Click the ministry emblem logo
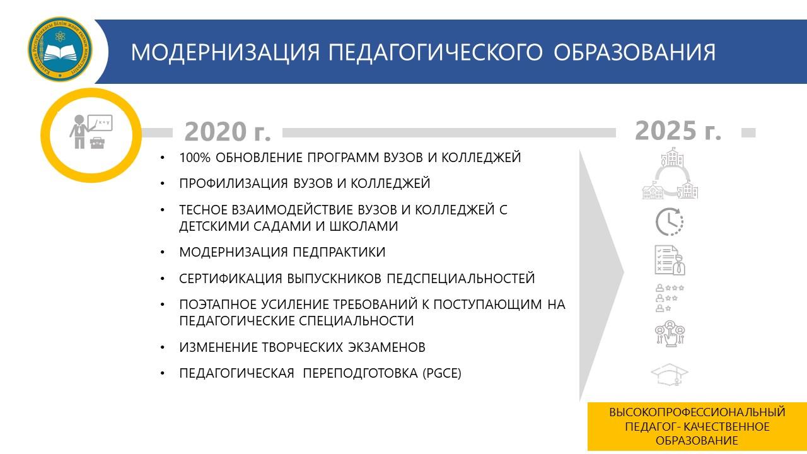click(60, 49)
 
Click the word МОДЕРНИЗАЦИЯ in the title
click(226, 52)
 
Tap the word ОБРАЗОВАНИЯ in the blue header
click(634, 52)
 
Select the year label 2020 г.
click(228, 132)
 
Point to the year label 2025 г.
click(678, 131)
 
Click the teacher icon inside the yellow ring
click(91, 132)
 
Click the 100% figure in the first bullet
click(195, 158)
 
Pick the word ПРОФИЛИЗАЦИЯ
click(233, 183)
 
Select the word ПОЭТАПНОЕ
click(218, 305)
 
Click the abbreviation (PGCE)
click(442, 373)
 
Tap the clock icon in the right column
click(670, 221)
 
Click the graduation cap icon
click(670, 375)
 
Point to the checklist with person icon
click(670, 260)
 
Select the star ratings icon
click(670, 298)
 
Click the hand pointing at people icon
click(670, 334)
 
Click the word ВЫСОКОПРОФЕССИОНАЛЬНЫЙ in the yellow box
click(697, 412)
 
